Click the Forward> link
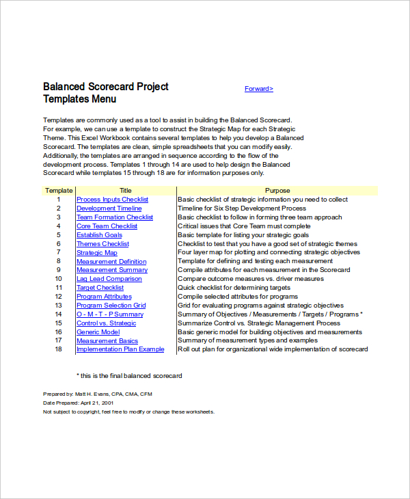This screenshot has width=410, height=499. pyautogui.click(x=259, y=89)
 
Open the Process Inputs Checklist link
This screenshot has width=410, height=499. pyautogui.click(x=112, y=200)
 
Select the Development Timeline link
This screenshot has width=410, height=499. pyautogui.click(x=109, y=208)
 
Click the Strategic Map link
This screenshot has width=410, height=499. pyautogui.click(x=96, y=253)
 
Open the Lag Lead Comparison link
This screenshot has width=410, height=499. pyautogui.click(x=109, y=279)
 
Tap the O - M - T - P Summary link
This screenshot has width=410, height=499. pyautogui.click(x=110, y=314)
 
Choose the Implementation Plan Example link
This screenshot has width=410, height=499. pyautogui.click(x=120, y=349)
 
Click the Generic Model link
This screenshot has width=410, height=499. pyautogui.click(x=98, y=332)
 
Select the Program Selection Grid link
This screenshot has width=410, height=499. pyautogui.click(x=111, y=306)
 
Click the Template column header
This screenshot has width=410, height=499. pyautogui.click(x=59, y=191)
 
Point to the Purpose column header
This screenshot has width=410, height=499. pyautogui.click(x=277, y=191)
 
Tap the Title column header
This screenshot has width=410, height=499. pyautogui.click(x=126, y=191)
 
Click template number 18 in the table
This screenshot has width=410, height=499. pyautogui.click(x=59, y=349)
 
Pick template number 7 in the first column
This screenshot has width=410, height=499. pyautogui.click(x=59, y=253)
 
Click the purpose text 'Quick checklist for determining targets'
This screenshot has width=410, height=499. pyautogui.click(x=234, y=288)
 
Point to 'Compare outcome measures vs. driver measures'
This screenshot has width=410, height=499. pyautogui.click(x=250, y=279)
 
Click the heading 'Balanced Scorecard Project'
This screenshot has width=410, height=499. pyautogui.click(x=106, y=87)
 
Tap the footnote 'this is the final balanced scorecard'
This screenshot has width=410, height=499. pyautogui.click(x=131, y=375)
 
